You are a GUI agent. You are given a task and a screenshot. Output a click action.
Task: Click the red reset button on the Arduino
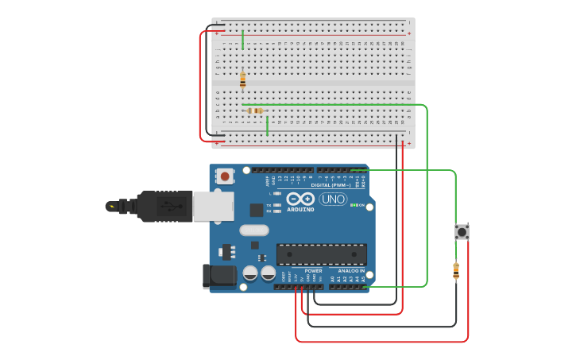(225, 176)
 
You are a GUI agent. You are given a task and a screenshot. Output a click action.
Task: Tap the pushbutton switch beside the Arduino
(462, 232)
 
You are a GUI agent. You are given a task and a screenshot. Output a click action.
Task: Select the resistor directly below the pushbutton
(455, 270)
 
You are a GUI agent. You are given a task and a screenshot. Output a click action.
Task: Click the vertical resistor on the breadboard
(242, 79)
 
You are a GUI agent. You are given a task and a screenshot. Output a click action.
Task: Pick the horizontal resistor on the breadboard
(255, 110)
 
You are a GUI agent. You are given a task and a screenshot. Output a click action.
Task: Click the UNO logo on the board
(333, 199)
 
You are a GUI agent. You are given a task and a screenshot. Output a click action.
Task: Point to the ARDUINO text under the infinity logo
(300, 210)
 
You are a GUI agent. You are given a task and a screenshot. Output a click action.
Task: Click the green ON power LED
(352, 205)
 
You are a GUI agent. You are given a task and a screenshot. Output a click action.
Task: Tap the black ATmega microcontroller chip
(321, 254)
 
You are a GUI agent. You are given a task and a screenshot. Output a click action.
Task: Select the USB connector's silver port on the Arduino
(213, 206)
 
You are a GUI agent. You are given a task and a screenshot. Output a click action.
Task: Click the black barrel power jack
(218, 276)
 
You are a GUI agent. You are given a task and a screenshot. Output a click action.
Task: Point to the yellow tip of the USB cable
(111, 207)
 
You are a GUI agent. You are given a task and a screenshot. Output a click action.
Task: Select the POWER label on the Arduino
(313, 271)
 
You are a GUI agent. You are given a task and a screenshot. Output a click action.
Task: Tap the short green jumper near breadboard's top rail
(242, 39)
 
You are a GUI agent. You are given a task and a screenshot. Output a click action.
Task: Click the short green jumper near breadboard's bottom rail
(267, 126)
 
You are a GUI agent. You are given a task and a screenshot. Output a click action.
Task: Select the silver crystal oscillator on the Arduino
(253, 230)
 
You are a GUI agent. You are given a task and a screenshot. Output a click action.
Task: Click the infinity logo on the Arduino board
(300, 199)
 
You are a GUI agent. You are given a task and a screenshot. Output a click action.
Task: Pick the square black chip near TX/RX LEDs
(257, 210)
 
